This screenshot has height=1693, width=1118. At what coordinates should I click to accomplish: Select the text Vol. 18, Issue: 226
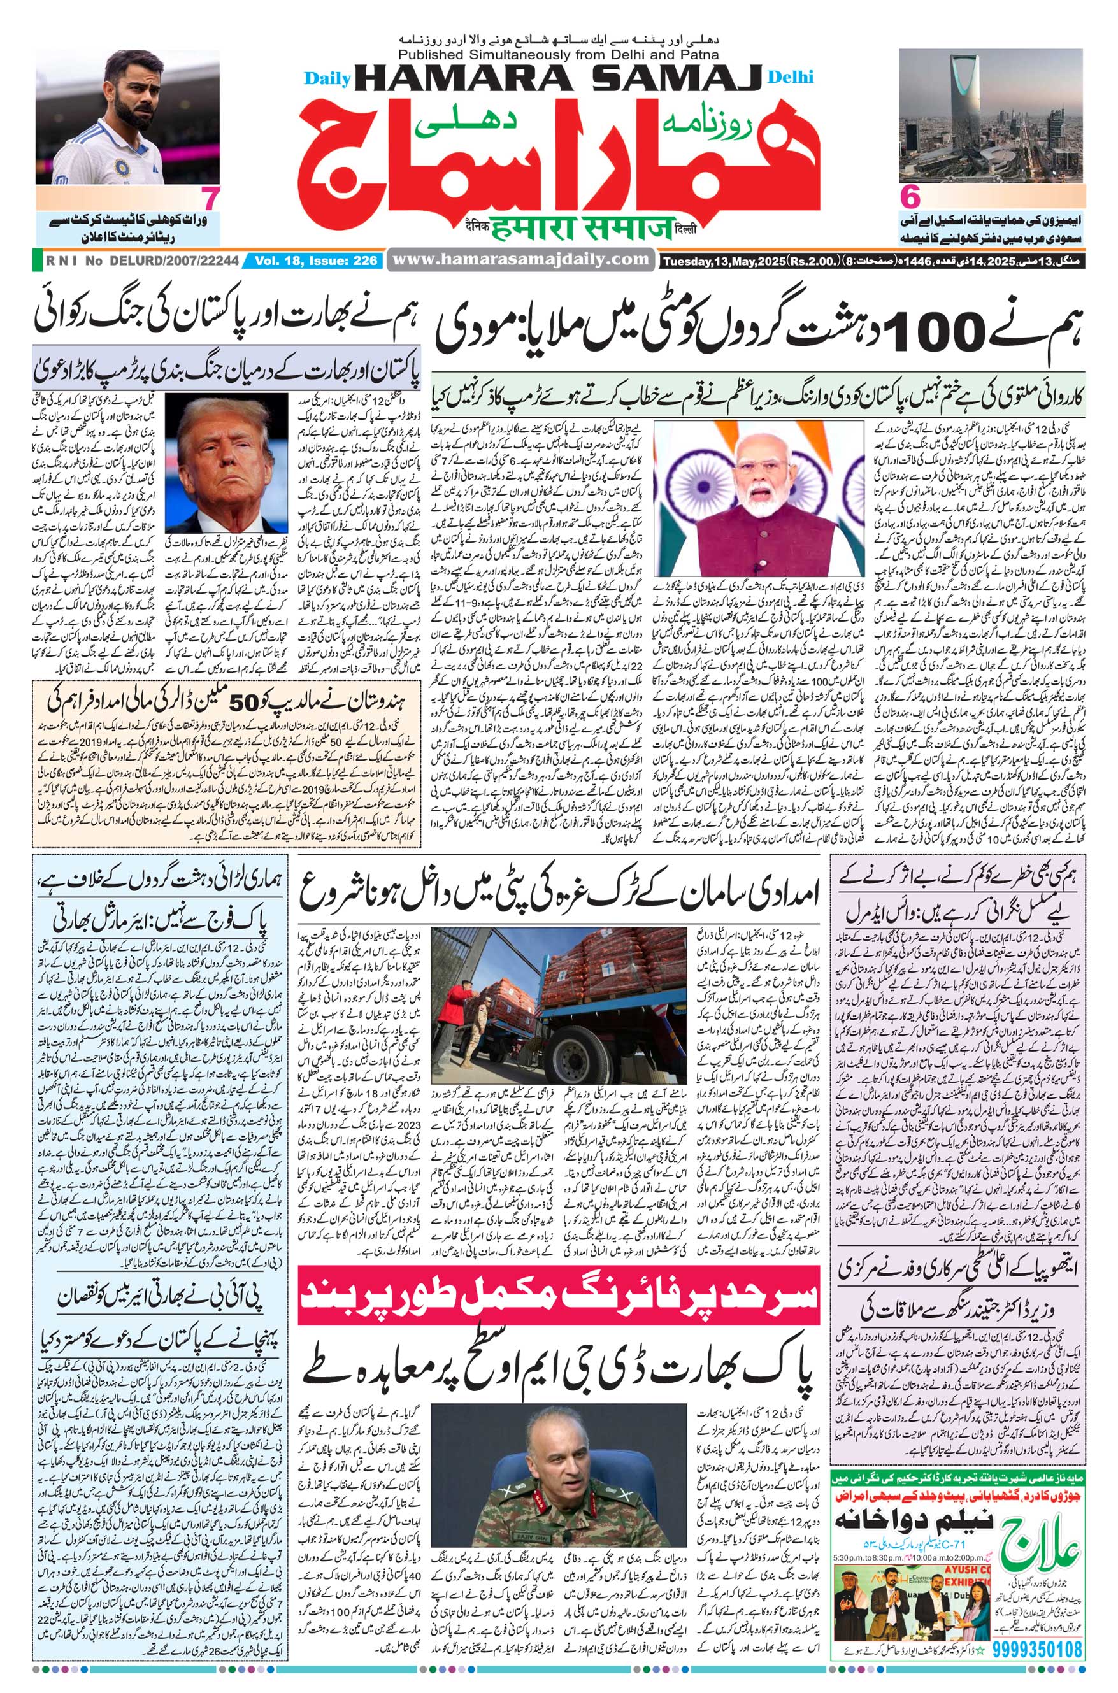pos(315,261)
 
